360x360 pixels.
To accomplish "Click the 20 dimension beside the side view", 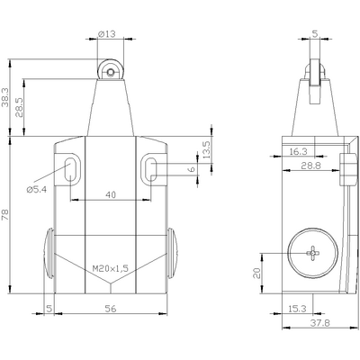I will pyautogui.click(x=256, y=271).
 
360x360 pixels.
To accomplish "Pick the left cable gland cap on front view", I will pyautogui.click(x=48, y=256).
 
